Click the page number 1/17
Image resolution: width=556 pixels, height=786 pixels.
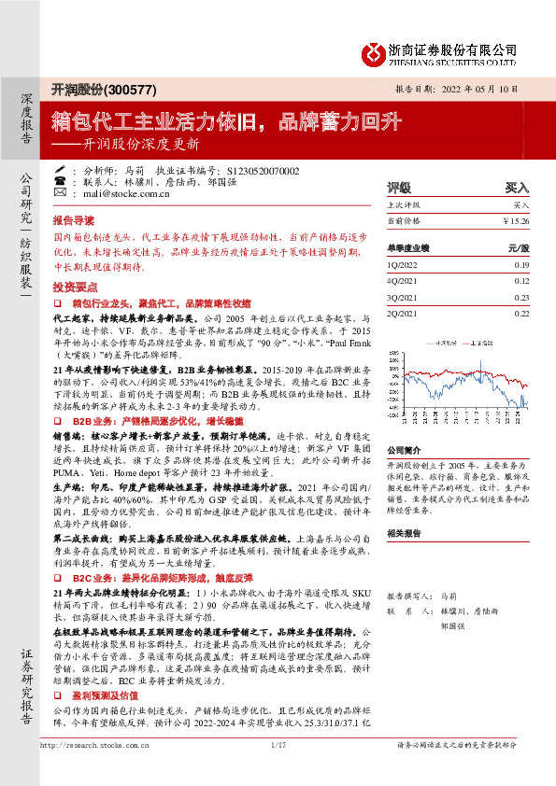point(277,771)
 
